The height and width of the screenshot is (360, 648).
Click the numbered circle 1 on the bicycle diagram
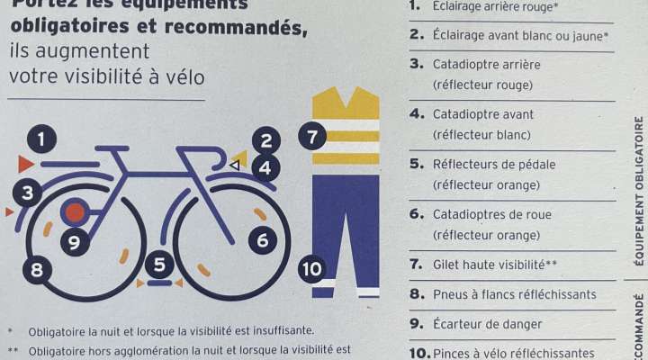click(41, 139)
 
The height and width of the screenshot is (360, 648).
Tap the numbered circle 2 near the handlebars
click(266, 140)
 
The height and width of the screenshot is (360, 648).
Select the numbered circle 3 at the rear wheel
click(28, 192)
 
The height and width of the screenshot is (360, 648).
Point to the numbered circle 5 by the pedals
click(159, 265)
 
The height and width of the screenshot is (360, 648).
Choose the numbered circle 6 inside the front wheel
click(263, 240)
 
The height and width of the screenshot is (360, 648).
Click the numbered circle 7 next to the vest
click(312, 138)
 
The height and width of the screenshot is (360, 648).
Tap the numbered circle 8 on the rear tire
click(37, 269)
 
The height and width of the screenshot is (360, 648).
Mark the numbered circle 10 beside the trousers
click(311, 268)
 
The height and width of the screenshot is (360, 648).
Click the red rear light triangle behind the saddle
click(25, 164)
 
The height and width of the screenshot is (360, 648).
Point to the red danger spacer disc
click(74, 212)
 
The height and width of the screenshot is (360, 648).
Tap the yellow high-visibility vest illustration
click(346, 128)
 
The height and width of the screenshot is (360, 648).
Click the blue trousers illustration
click(346, 234)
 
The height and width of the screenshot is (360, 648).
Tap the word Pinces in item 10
click(455, 354)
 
